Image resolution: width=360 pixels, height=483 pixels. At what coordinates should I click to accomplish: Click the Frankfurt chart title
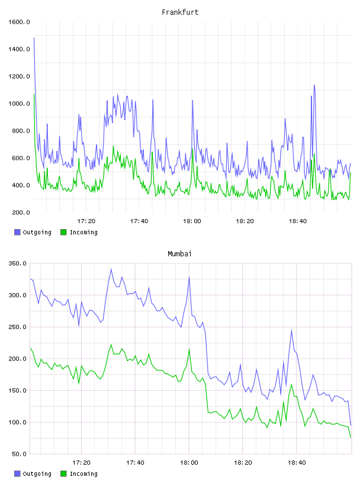point(180,12)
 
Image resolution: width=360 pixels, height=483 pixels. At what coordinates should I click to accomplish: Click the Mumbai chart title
point(179,254)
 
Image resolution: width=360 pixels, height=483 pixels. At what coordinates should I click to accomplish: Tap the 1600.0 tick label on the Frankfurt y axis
point(19,22)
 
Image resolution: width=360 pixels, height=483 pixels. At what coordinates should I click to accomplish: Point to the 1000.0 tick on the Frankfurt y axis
point(19,104)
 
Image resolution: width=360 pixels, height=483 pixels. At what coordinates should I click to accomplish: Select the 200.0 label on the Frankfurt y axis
point(21,212)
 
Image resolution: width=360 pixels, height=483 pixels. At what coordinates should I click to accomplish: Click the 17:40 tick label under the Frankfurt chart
point(139,221)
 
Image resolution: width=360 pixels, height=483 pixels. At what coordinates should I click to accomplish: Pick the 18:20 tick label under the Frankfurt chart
point(245,221)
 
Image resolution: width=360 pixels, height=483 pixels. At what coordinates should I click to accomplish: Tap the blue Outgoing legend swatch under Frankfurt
point(17,232)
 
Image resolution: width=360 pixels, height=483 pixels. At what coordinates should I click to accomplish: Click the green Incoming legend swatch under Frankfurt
point(63,232)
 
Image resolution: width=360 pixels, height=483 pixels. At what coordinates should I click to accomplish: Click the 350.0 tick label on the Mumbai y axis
point(18,263)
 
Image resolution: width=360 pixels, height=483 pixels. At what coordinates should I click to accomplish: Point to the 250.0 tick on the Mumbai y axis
point(18,327)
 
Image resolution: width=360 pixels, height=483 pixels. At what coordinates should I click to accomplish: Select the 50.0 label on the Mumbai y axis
point(19,454)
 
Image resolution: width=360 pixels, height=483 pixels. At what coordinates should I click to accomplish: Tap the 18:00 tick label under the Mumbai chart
point(189,463)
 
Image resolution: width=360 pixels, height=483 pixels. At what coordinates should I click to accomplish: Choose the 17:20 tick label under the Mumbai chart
point(81,463)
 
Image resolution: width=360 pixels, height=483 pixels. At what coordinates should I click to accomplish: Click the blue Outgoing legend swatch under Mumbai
point(17,474)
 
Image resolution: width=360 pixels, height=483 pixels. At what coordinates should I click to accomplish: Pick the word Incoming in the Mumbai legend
point(83,474)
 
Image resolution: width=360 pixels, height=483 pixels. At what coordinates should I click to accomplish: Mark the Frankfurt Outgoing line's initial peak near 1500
point(34,37)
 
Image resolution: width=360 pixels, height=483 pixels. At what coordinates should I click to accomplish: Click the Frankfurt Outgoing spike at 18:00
point(192,101)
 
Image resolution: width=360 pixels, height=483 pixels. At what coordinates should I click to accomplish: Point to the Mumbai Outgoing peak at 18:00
point(189,277)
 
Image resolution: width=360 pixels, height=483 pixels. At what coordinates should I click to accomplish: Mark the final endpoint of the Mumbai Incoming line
point(351,437)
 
